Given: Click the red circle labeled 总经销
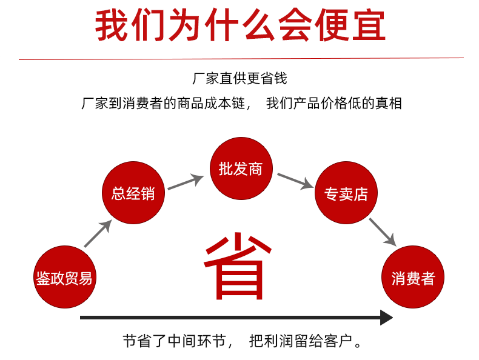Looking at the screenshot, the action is [133, 193].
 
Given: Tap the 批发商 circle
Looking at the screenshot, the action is [241, 168].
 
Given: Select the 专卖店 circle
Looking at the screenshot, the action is [346, 193].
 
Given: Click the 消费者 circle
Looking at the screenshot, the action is [413, 277].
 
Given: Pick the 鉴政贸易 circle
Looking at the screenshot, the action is [65, 277].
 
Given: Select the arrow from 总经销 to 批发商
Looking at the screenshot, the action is [186, 182].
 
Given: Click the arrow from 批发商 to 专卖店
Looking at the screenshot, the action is [295, 181].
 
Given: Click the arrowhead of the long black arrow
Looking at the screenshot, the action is [386, 318].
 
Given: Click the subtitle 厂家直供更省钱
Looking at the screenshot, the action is [239, 78].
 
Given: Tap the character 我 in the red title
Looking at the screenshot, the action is [111, 25].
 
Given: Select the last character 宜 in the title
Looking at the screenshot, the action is [369, 25].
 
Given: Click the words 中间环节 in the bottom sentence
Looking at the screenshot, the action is [197, 341].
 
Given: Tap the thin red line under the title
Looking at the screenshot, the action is [241, 59].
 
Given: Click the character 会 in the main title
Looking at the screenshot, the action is [295, 25].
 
